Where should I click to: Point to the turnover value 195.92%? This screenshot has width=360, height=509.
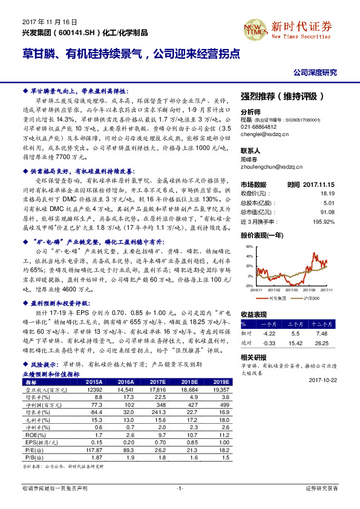(324, 221)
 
